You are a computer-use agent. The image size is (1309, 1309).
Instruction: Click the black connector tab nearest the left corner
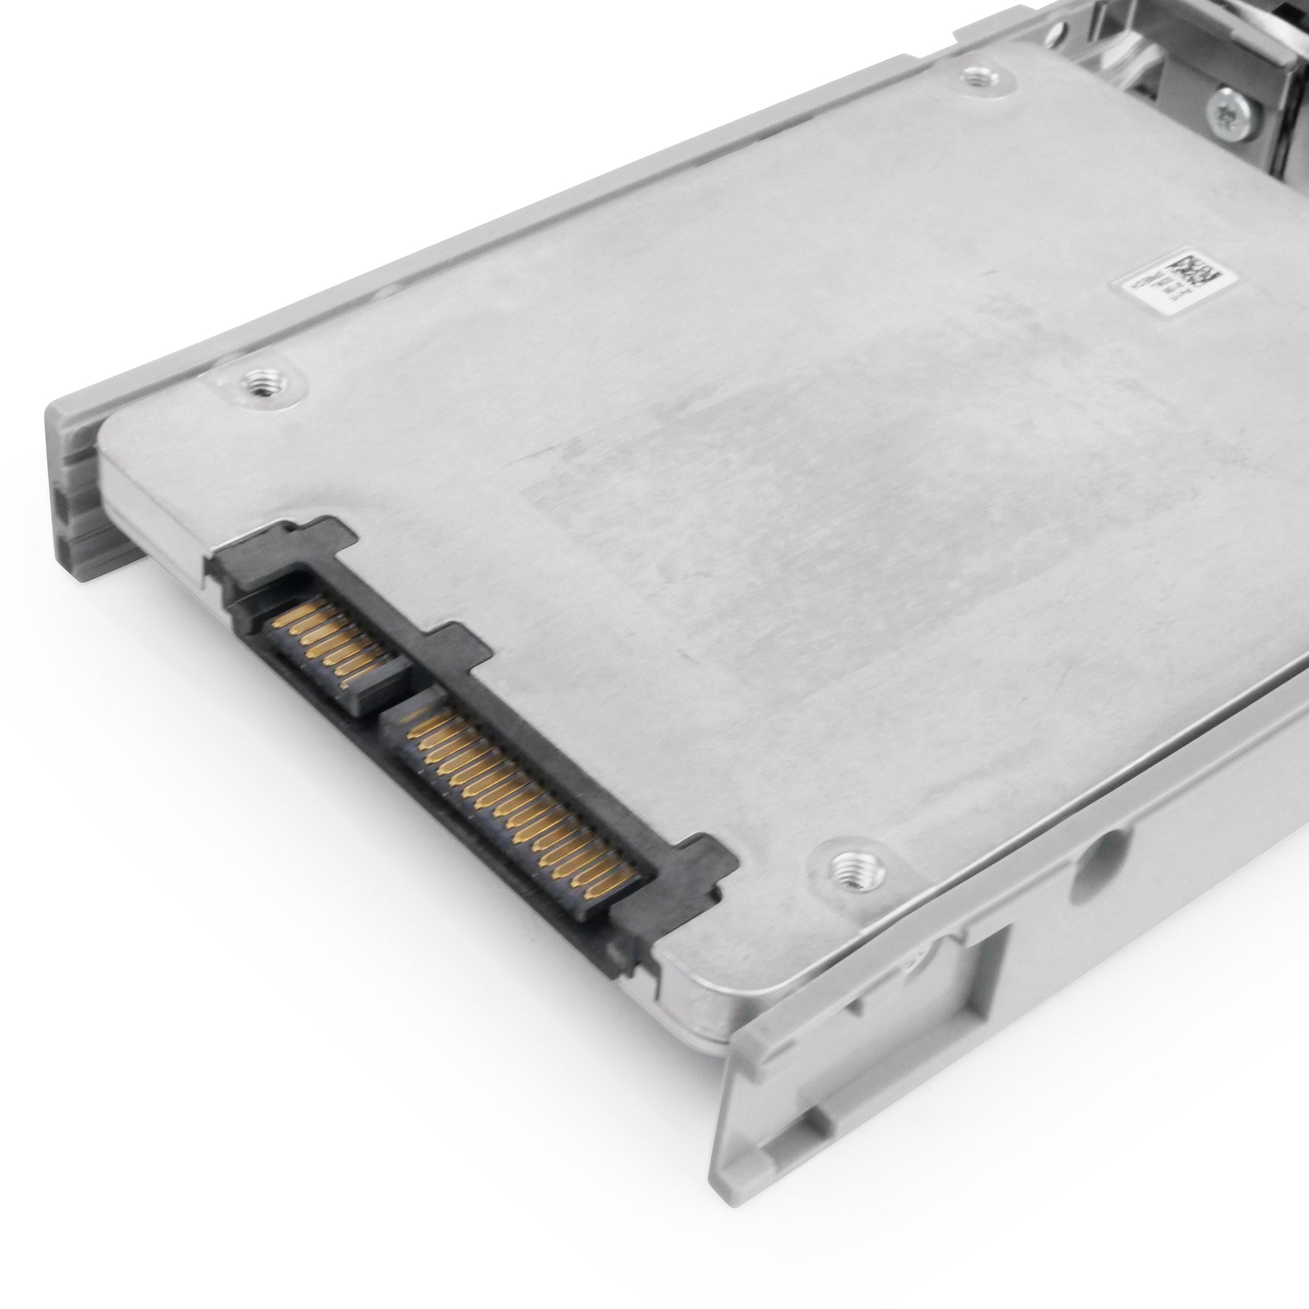point(325,535)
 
